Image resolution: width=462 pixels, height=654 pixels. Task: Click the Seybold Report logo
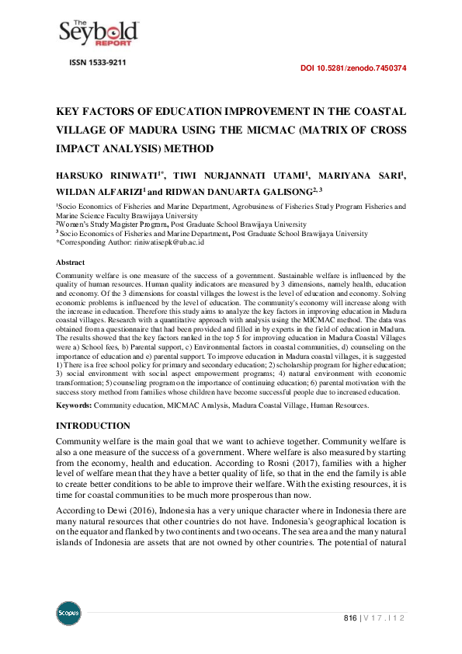99,31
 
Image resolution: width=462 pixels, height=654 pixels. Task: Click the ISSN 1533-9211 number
94,61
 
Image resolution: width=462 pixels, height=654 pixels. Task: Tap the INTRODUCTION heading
93,426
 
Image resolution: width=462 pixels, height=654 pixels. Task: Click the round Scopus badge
68,614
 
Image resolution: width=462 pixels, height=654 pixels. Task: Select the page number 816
350,617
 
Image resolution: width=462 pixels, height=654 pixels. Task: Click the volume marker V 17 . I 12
385,617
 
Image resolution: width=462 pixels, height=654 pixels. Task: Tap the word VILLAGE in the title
87,130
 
